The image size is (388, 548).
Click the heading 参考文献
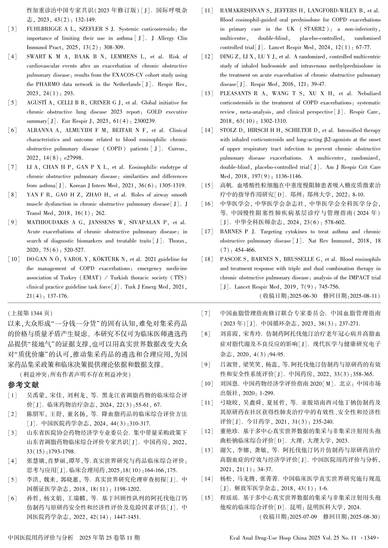[x=23, y=384]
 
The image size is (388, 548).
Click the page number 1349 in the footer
[x=370, y=537]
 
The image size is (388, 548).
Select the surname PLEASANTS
[x=235, y=93]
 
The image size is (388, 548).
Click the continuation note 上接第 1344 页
[x=31, y=313]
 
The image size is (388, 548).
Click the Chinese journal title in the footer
[x=41, y=537]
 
